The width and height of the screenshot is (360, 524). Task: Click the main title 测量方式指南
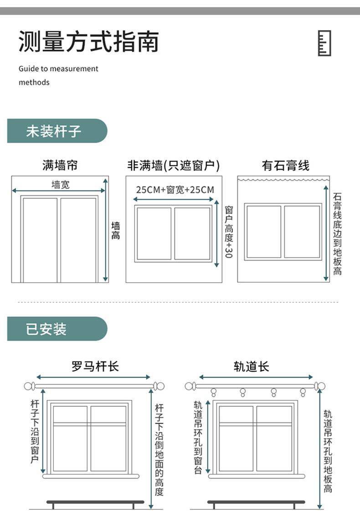88,42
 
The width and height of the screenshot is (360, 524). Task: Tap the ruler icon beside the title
324,44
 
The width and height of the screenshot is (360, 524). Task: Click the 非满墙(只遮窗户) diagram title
173,165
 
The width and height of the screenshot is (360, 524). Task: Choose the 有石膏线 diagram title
285,165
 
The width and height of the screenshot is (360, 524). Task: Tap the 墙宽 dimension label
61,185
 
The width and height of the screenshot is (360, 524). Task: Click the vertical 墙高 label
116,230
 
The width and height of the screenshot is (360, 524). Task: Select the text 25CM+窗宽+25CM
175,190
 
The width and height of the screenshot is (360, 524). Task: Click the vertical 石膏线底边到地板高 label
337,233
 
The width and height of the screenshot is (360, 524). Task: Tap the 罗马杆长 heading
95,366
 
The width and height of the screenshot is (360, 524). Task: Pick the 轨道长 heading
252,366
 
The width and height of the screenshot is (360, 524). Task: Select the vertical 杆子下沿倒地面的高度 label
159,449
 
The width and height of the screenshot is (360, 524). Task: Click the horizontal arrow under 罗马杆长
93,377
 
